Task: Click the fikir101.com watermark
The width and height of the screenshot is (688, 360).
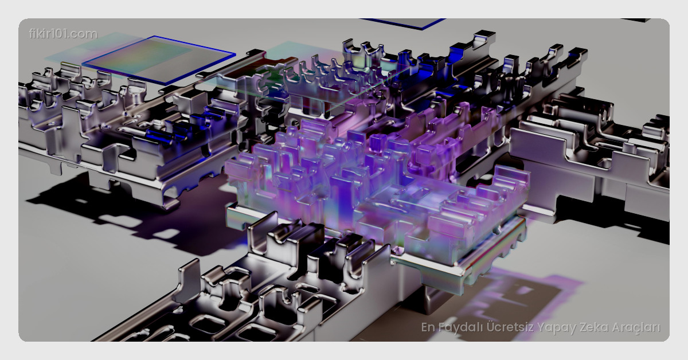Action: pyautogui.click(x=63, y=34)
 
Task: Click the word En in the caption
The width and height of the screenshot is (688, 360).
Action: pyautogui.click(x=428, y=327)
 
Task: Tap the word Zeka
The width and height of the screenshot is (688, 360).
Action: pyautogui.click(x=594, y=327)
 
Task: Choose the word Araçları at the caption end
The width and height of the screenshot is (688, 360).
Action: pyautogui.click(x=636, y=328)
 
